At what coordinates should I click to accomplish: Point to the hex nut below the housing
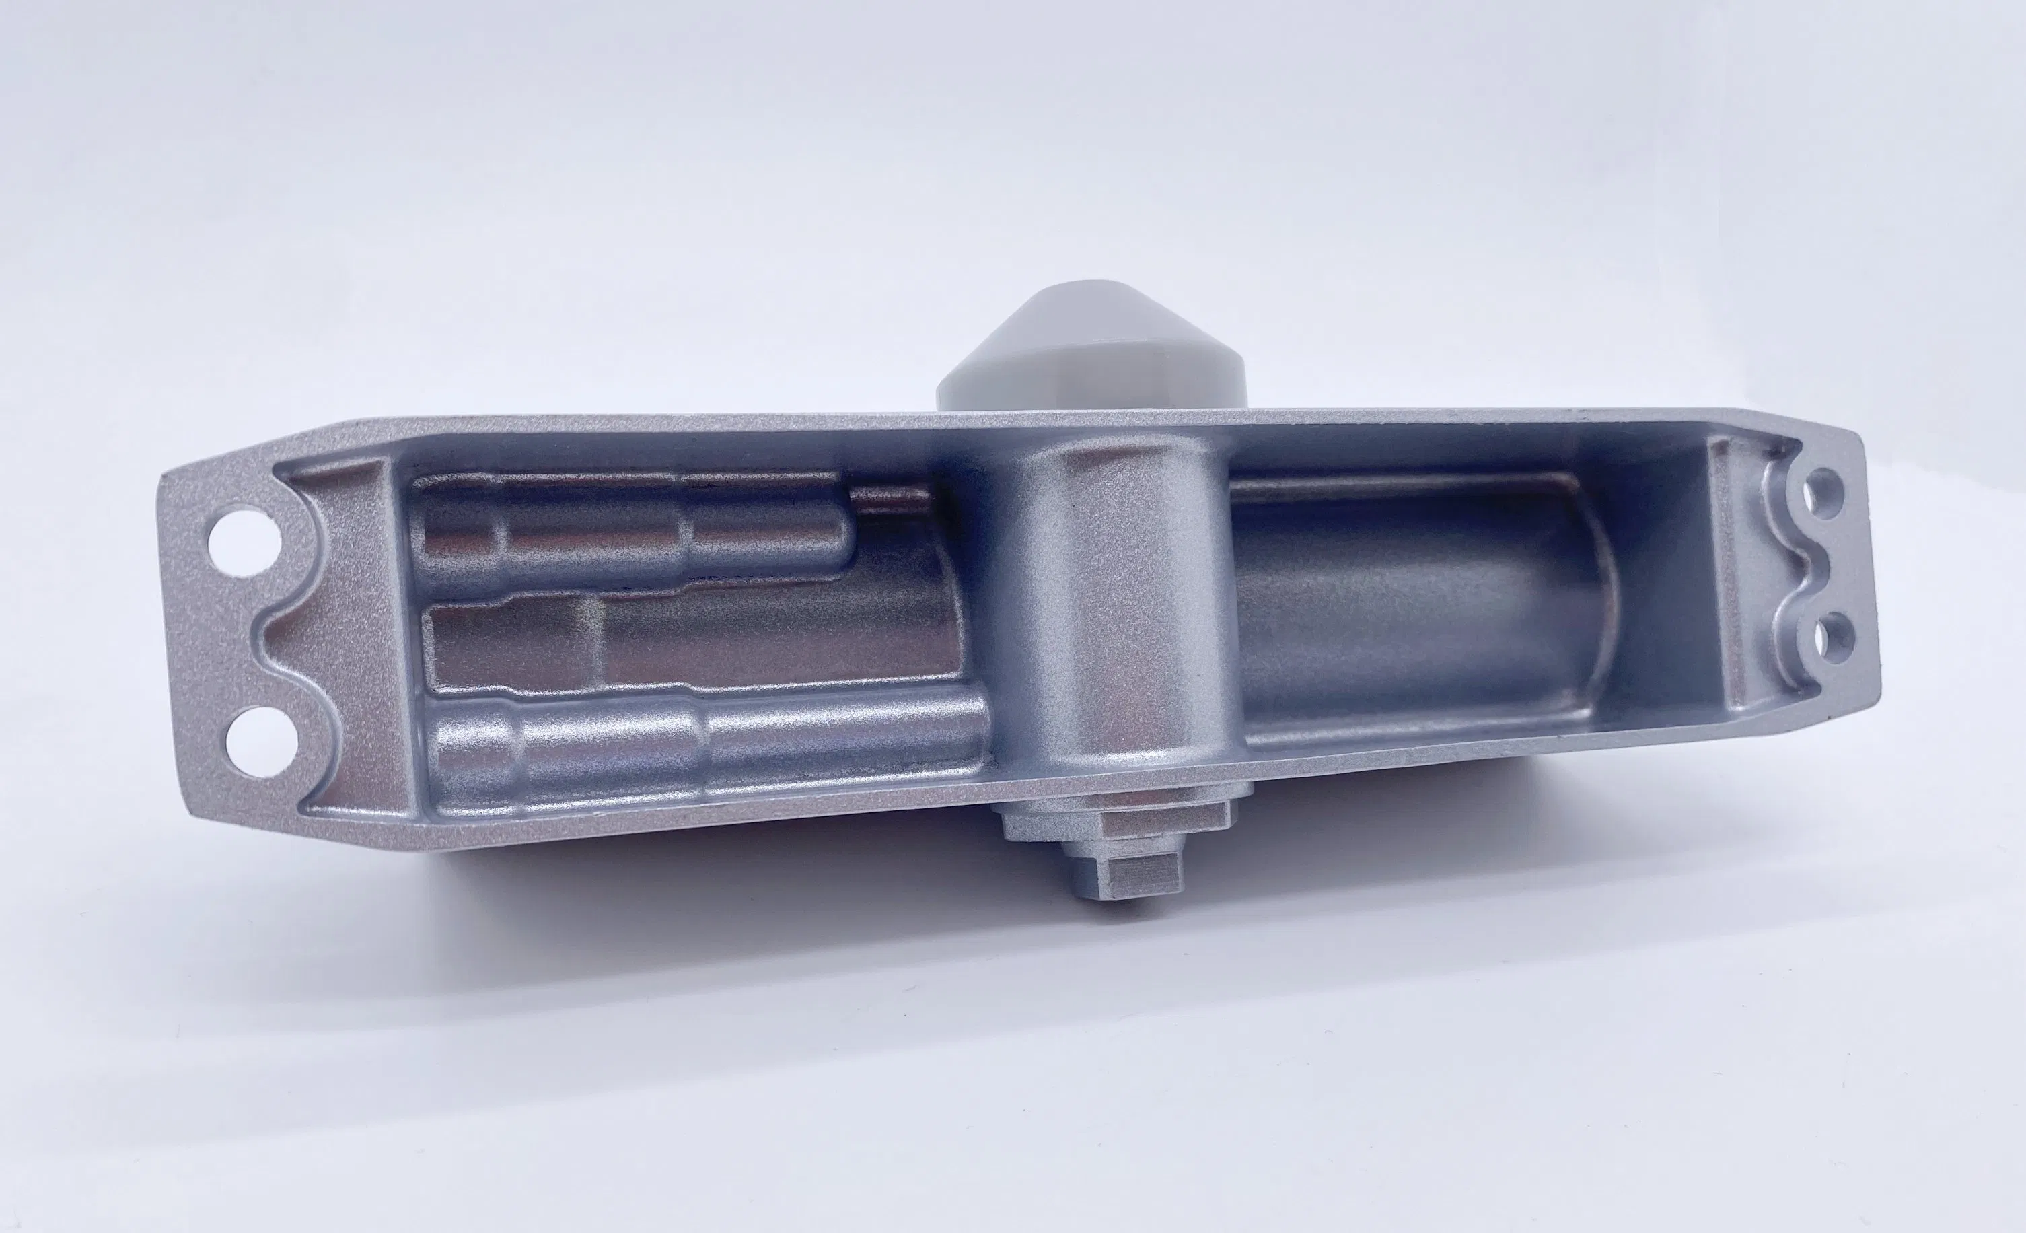pos(1118,814)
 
